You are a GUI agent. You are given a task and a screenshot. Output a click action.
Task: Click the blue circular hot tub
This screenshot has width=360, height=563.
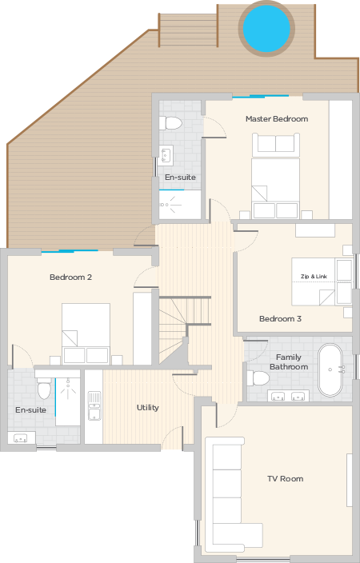pyautogui.click(x=266, y=29)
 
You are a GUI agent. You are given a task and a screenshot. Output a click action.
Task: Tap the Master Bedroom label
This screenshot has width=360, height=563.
pyautogui.click(x=277, y=119)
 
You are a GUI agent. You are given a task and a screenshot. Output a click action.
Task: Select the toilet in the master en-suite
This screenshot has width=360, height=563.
pyautogui.click(x=170, y=123)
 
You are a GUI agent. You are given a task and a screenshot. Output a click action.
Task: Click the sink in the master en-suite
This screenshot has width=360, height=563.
pyautogui.click(x=166, y=155)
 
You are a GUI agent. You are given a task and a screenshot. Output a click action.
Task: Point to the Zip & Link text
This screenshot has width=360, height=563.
pyautogui.click(x=314, y=277)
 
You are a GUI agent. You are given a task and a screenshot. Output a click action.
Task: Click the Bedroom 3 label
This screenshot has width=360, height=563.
pyautogui.click(x=280, y=318)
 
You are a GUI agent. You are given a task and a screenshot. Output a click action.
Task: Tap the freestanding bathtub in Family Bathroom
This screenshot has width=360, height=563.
pyautogui.click(x=330, y=370)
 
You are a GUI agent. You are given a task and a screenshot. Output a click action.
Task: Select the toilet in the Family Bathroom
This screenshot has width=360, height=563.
pyautogui.click(x=258, y=378)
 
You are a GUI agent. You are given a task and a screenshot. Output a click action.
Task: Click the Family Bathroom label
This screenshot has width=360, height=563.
pyautogui.click(x=289, y=362)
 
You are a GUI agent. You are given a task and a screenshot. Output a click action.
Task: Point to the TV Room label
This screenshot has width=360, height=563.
pyautogui.click(x=286, y=478)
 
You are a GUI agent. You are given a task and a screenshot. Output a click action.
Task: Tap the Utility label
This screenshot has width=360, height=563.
pyautogui.click(x=148, y=408)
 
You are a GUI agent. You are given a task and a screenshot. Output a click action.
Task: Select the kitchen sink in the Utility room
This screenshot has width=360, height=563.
pyautogui.click(x=94, y=406)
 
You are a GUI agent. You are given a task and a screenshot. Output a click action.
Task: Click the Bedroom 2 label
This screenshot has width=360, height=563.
pyautogui.click(x=70, y=278)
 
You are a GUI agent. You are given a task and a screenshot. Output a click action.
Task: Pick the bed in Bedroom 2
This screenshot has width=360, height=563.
pyautogui.click(x=86, y=333)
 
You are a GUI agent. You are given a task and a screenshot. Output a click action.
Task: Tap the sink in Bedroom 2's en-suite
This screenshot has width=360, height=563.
pyautogui.click(x=21, y=438)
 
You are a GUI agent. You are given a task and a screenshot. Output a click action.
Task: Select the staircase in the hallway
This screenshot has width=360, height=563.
pyautogui.click(x=185, y=329)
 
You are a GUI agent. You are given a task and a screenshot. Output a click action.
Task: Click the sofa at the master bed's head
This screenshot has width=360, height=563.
pyautogui.click(x=276, y=145)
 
